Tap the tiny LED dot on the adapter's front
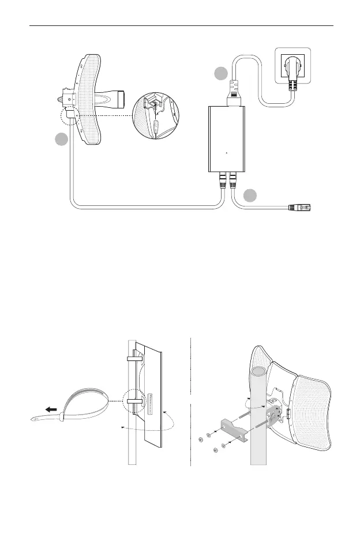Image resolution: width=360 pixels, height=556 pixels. coord(226,153)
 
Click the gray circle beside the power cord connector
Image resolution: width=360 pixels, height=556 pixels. coord(220,74)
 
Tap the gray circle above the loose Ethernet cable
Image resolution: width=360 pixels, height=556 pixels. coord(250,196)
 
